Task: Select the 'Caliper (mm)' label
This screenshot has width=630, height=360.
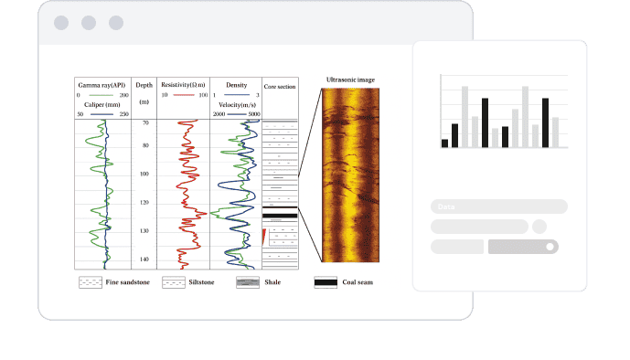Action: click(x=102, y=104)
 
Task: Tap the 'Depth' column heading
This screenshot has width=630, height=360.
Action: click(x=144, y=85)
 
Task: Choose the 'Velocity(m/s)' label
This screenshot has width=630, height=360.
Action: click(x=235, y=104)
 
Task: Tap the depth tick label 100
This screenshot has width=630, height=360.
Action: click(x=144, y=174)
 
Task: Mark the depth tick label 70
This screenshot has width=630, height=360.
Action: click(x=144, y=122)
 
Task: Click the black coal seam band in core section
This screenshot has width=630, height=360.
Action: click(x=280, y=216)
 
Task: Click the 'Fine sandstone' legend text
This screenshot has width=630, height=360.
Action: click(x=126, y=283)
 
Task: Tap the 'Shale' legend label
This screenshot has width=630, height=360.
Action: click(x=272, y=283)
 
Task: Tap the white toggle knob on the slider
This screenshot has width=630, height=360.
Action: click(x=550, y=247)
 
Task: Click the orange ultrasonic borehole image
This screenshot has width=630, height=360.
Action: click(x=349, y=174)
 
